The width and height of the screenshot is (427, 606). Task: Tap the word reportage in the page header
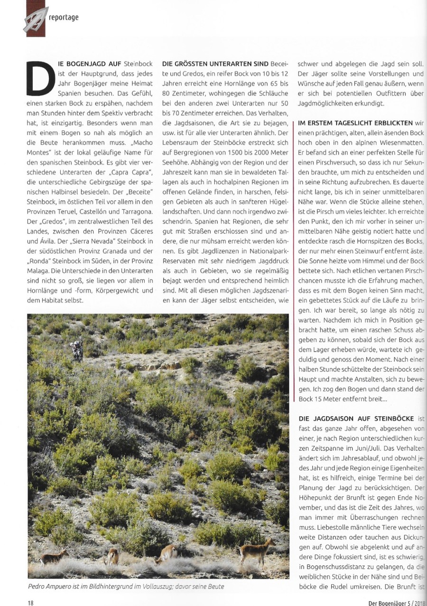64,18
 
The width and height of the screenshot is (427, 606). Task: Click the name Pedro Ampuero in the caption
51,587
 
